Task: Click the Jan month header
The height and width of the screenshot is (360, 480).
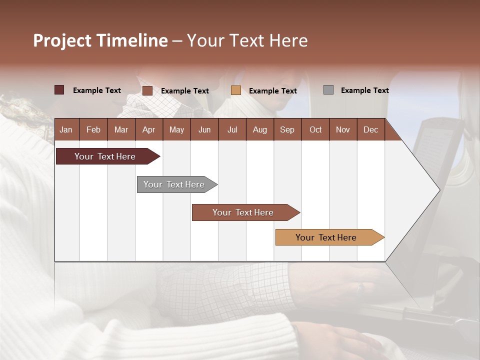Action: pos(66,129)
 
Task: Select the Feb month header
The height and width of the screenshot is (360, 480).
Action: pos(93,129)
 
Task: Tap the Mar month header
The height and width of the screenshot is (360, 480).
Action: pos(121,129)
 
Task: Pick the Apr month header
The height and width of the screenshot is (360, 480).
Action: pos(148,129)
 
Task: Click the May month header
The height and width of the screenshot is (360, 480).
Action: pos(176,129)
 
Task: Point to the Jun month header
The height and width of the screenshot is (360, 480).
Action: pos(204,129)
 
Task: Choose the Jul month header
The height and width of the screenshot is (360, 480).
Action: pos(232,129)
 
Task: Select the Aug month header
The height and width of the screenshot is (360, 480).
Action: pos(259,129)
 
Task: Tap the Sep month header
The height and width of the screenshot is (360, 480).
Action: pos(287,129)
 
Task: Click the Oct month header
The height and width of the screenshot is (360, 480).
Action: pos(315,129)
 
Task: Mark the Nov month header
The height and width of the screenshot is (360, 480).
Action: pos(343,129)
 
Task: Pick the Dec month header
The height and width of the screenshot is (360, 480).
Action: pos(370,129)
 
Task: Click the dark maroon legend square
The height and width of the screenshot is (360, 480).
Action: pos(59,90)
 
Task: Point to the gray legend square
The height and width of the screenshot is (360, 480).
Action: pos(328,90)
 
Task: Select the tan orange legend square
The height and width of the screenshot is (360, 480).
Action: pos(236,90)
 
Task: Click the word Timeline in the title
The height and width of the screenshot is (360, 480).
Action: pos(132,40)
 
